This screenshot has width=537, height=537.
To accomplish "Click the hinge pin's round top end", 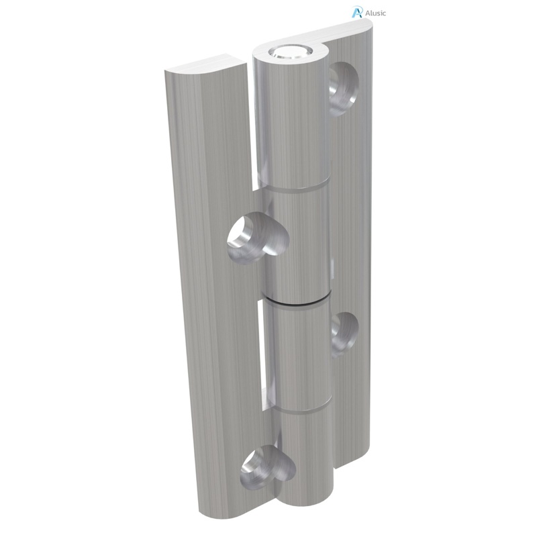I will tap(289, 52).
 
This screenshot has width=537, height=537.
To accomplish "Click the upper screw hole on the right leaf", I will tap(343, 87).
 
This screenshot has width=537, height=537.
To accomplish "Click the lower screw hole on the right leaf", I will tap(344, 329).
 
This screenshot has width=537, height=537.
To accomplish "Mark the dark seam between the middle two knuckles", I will tap(298, 300).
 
